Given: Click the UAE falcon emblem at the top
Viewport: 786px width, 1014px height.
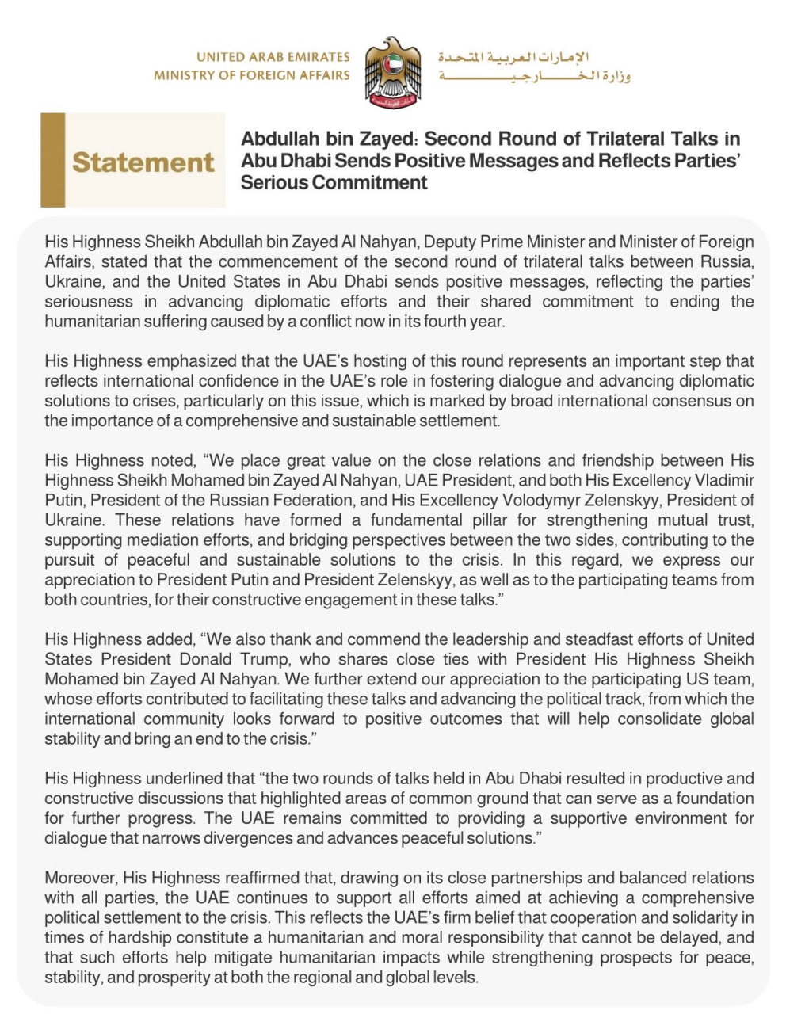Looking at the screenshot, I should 393,71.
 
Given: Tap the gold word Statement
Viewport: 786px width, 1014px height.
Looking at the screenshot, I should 143,162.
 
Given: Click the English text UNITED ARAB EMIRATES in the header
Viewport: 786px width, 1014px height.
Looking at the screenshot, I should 273,57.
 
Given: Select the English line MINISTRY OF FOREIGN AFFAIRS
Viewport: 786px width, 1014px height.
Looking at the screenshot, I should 252,75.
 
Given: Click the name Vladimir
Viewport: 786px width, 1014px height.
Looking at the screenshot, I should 718,480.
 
